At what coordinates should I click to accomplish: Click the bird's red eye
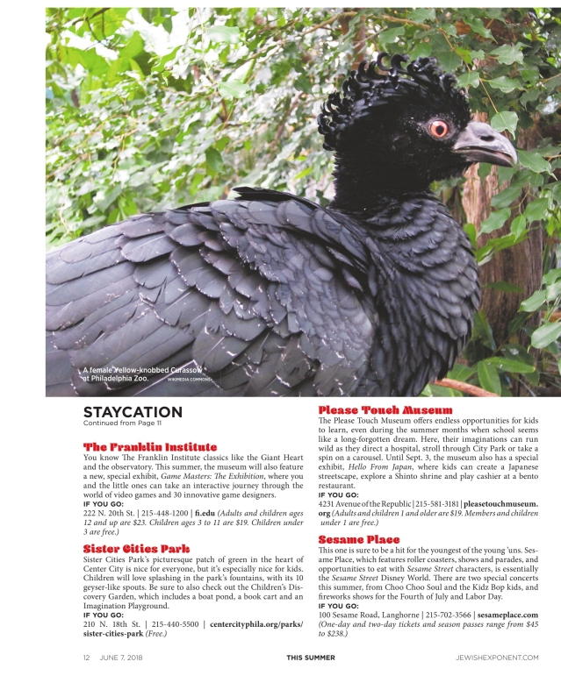tap(438, 128)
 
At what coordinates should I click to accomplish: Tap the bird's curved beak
tap(487, 143)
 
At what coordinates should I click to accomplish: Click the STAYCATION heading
tap(133, 413)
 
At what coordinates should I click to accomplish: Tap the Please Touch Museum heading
tap(385, 409)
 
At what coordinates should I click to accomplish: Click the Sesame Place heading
tap(359, 538)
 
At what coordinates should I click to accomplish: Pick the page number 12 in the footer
tap(87, 657)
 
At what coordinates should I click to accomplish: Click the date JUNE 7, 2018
tap(124, 657)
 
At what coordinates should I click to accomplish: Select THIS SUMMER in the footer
tap(310, 657)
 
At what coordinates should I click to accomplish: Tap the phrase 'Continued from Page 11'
tap(122, 425)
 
